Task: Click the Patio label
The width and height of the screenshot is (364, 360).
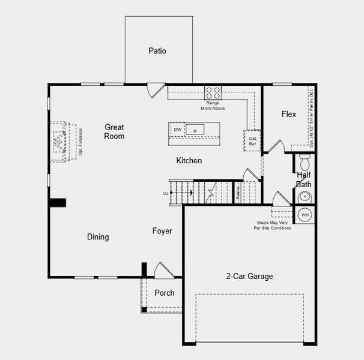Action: (x=157, y=51)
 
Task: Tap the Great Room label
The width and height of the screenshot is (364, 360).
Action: (x=114, y=131)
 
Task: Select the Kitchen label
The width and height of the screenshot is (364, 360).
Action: (x=189, y=161)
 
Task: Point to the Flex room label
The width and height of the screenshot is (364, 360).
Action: (x=288, y=114)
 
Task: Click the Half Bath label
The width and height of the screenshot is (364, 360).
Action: (x=304, y=179)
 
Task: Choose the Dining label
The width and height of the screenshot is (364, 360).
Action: (x=98, y=237)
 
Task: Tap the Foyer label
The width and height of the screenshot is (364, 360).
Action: (x=162, y=231)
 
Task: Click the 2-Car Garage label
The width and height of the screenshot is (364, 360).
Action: (x=249, y=277)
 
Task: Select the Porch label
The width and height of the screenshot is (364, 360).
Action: (x=165, y=293)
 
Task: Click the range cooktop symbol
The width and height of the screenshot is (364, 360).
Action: (x=213, y=92)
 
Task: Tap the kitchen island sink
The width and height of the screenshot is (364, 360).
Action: (x=195, y=130)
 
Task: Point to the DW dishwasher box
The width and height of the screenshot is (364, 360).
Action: (x=177, y=130)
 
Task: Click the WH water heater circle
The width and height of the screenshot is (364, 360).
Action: (x=305, y=214)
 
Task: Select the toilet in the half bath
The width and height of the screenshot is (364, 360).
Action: (x=304, y=161)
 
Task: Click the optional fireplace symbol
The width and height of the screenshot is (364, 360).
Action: (x=59, y=142)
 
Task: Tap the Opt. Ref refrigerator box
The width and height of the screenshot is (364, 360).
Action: (x=252, y=140)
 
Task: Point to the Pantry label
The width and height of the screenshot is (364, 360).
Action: (x=238, y=192)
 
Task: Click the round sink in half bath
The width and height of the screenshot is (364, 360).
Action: (x=305, y=196)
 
